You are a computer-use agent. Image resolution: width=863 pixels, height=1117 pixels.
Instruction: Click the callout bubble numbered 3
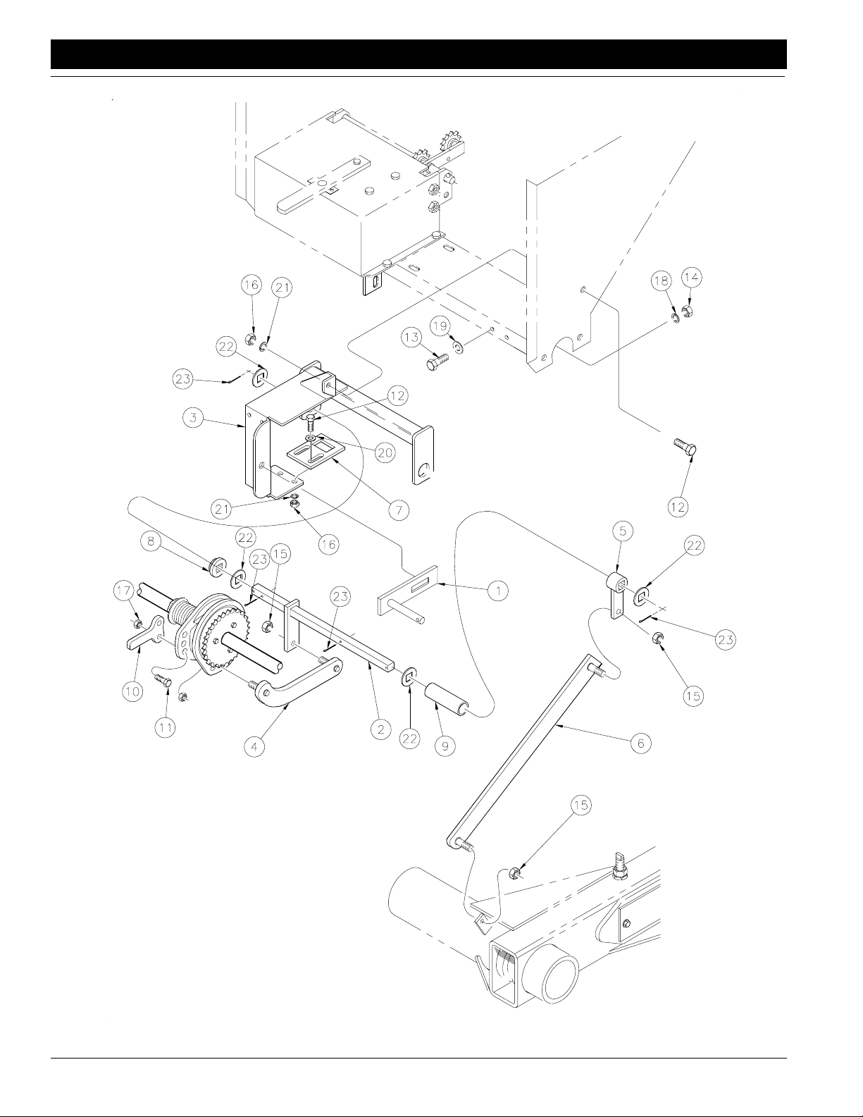pos(193,417)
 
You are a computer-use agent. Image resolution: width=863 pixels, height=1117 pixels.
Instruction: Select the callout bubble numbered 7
pos(399,510)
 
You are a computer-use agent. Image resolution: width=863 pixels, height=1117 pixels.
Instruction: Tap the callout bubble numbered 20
pos(385,452)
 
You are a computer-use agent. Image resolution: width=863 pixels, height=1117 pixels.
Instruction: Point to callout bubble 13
pos(411,338)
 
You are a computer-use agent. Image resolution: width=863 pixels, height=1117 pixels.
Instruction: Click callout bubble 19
pos(440,326)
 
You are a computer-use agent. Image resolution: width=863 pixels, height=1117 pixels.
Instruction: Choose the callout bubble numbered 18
pos(661,280)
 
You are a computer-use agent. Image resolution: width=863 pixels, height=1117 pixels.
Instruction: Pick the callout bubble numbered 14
pos(691,278)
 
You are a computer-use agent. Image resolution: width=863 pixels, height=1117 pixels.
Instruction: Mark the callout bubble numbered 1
pos(498,591)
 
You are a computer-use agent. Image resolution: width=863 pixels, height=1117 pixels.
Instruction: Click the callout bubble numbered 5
pos(623,531)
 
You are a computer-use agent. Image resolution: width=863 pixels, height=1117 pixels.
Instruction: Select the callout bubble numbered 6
pos(640,743)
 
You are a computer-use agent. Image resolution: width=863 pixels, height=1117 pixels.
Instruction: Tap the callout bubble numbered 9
pos(445,746)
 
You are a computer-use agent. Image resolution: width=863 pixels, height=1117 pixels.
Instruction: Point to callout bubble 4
pos(254,746)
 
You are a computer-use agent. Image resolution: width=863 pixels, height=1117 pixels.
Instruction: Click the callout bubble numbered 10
pos(132,692)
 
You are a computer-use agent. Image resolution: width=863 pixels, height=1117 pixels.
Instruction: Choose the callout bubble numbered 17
pos(123,591)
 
